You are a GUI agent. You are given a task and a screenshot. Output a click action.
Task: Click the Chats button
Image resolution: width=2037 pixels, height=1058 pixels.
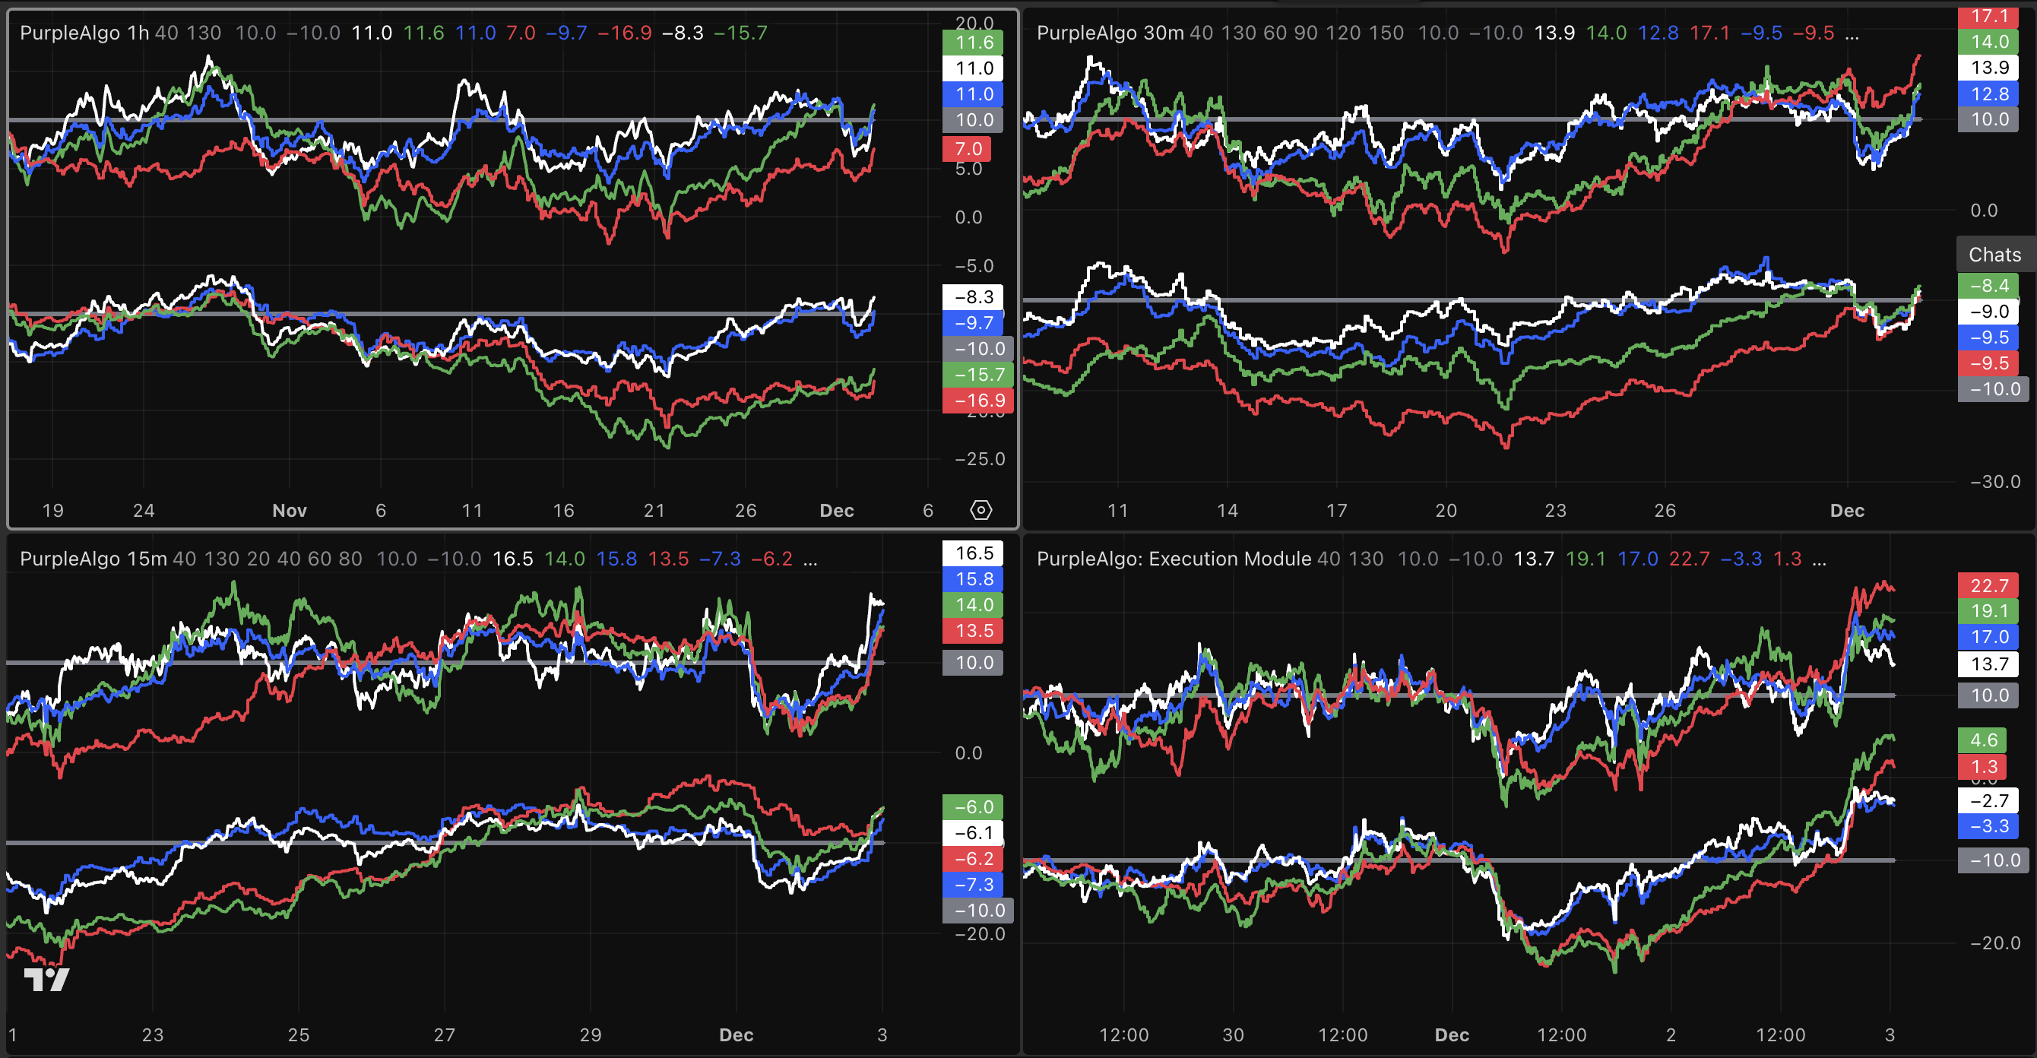point(1994,255)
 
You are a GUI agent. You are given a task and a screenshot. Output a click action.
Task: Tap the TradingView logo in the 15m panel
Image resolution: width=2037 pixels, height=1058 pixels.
point(46,980)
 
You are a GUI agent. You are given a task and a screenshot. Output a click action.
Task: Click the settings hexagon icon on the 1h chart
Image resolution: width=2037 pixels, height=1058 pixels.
point(980,510)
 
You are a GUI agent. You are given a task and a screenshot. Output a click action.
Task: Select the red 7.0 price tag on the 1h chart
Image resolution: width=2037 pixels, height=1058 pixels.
point(966,149)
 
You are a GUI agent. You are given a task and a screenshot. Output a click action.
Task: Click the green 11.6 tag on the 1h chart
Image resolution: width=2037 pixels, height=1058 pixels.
point(973,43)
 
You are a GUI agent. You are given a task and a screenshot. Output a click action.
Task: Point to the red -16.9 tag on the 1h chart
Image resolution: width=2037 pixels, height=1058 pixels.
point(977,401)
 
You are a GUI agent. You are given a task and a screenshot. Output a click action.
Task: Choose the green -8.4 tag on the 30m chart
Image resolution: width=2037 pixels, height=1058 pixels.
point(1988,286)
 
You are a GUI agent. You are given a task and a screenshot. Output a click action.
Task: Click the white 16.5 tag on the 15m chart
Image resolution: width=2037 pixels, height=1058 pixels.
point(973,553)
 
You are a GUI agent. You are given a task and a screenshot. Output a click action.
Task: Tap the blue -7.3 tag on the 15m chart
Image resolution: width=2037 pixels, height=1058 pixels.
point(973,884)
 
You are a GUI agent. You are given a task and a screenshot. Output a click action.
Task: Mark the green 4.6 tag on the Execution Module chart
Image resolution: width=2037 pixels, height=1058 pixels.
point(1983,740)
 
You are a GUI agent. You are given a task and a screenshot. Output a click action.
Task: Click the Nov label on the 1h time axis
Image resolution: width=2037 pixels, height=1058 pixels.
point(290,511)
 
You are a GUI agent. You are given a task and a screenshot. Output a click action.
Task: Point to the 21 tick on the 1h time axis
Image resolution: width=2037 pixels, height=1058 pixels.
point(654,511)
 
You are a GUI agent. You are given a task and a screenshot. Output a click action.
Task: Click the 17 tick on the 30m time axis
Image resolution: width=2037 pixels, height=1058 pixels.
point(1336,511)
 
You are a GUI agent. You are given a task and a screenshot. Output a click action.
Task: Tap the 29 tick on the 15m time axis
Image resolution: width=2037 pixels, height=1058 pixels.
point(590,1035)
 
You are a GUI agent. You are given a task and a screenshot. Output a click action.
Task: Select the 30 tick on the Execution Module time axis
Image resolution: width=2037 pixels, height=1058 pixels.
point(1233,1035)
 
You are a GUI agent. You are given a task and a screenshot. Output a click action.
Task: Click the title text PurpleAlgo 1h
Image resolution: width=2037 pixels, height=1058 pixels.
point(84,33)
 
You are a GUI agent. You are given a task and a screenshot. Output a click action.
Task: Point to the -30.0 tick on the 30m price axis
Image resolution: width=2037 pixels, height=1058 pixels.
point(1994,482)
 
